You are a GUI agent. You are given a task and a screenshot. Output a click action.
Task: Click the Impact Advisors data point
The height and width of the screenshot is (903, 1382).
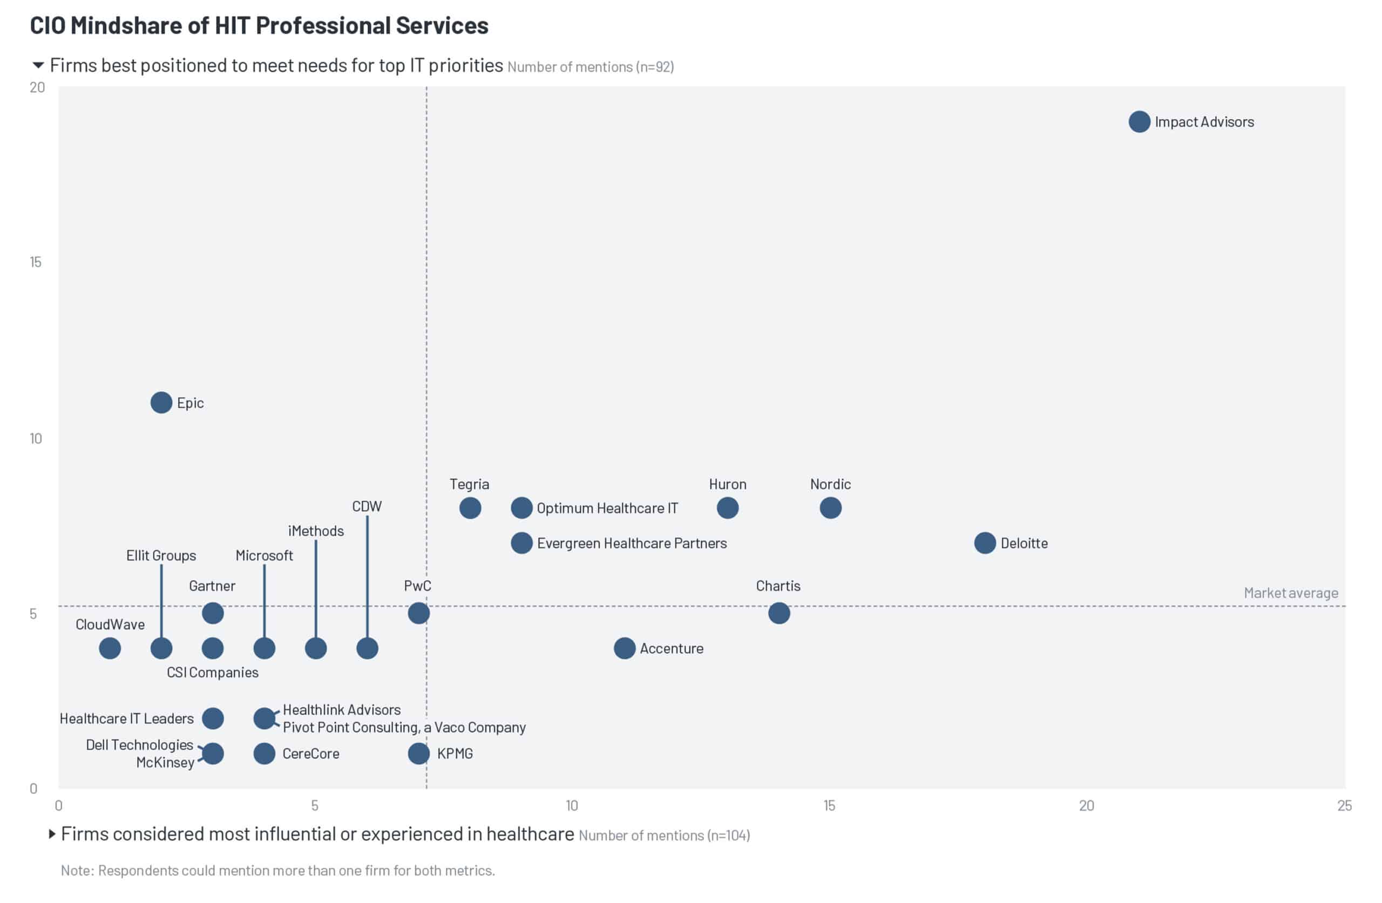coord(1139,122)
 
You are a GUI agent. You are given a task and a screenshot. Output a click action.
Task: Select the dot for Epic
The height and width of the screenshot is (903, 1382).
coord(161,403)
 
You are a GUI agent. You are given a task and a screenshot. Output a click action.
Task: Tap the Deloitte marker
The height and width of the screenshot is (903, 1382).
coord(984,543)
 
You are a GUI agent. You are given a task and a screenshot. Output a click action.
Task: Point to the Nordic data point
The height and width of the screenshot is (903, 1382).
coord(830,508)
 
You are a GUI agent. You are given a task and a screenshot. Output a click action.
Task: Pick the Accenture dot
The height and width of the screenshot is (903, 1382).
coord(624,648)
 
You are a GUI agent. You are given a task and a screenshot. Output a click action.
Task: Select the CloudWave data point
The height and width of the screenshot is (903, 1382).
coord(110,648)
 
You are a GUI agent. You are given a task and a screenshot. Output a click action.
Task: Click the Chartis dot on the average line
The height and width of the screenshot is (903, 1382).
coord(778,613)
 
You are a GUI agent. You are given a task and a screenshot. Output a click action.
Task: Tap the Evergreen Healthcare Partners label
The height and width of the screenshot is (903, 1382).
coord(631,543)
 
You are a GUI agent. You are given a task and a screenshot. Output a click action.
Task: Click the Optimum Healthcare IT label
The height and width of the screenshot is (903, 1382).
coord(607,508)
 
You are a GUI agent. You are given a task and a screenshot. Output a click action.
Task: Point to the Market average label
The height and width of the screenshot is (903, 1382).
coord(1290,593)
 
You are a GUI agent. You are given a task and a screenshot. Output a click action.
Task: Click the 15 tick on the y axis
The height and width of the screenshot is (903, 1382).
coord(36,262)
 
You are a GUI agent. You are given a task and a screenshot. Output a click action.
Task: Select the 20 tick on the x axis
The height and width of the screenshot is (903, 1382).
coord(1086,805)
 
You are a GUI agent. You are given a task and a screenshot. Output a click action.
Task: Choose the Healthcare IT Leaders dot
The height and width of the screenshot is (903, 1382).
coord(213,718)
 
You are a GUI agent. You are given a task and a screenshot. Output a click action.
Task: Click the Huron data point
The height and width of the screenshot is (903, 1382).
coord(727,508)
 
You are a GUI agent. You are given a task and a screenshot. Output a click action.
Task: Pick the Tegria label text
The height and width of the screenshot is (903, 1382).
coord(469,484)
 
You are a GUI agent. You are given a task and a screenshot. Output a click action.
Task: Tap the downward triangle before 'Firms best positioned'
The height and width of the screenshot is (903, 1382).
coord(38,65)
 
